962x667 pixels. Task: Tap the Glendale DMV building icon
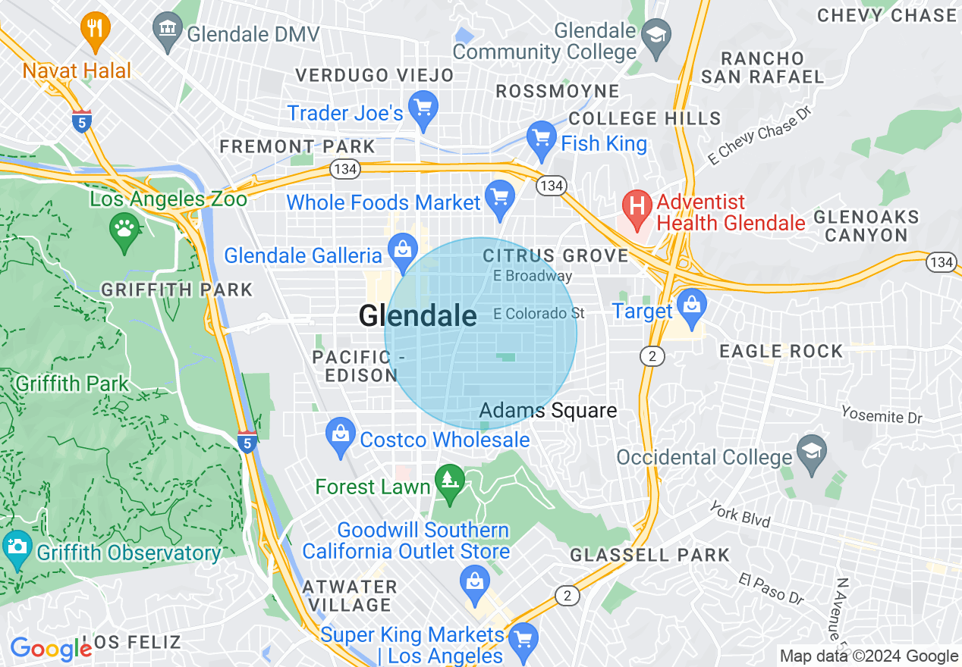[166, 31]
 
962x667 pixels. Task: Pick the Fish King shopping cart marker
[541, 139]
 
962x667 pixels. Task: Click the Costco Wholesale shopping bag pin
[341, 436]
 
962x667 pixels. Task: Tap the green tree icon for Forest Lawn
[451, 482]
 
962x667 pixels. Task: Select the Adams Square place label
[548, 411]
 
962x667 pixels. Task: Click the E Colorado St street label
[539, 313]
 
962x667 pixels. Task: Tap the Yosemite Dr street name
[882, 414]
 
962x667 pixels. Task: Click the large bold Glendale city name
[417, 316]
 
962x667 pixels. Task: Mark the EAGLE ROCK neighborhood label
[781, 351]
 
